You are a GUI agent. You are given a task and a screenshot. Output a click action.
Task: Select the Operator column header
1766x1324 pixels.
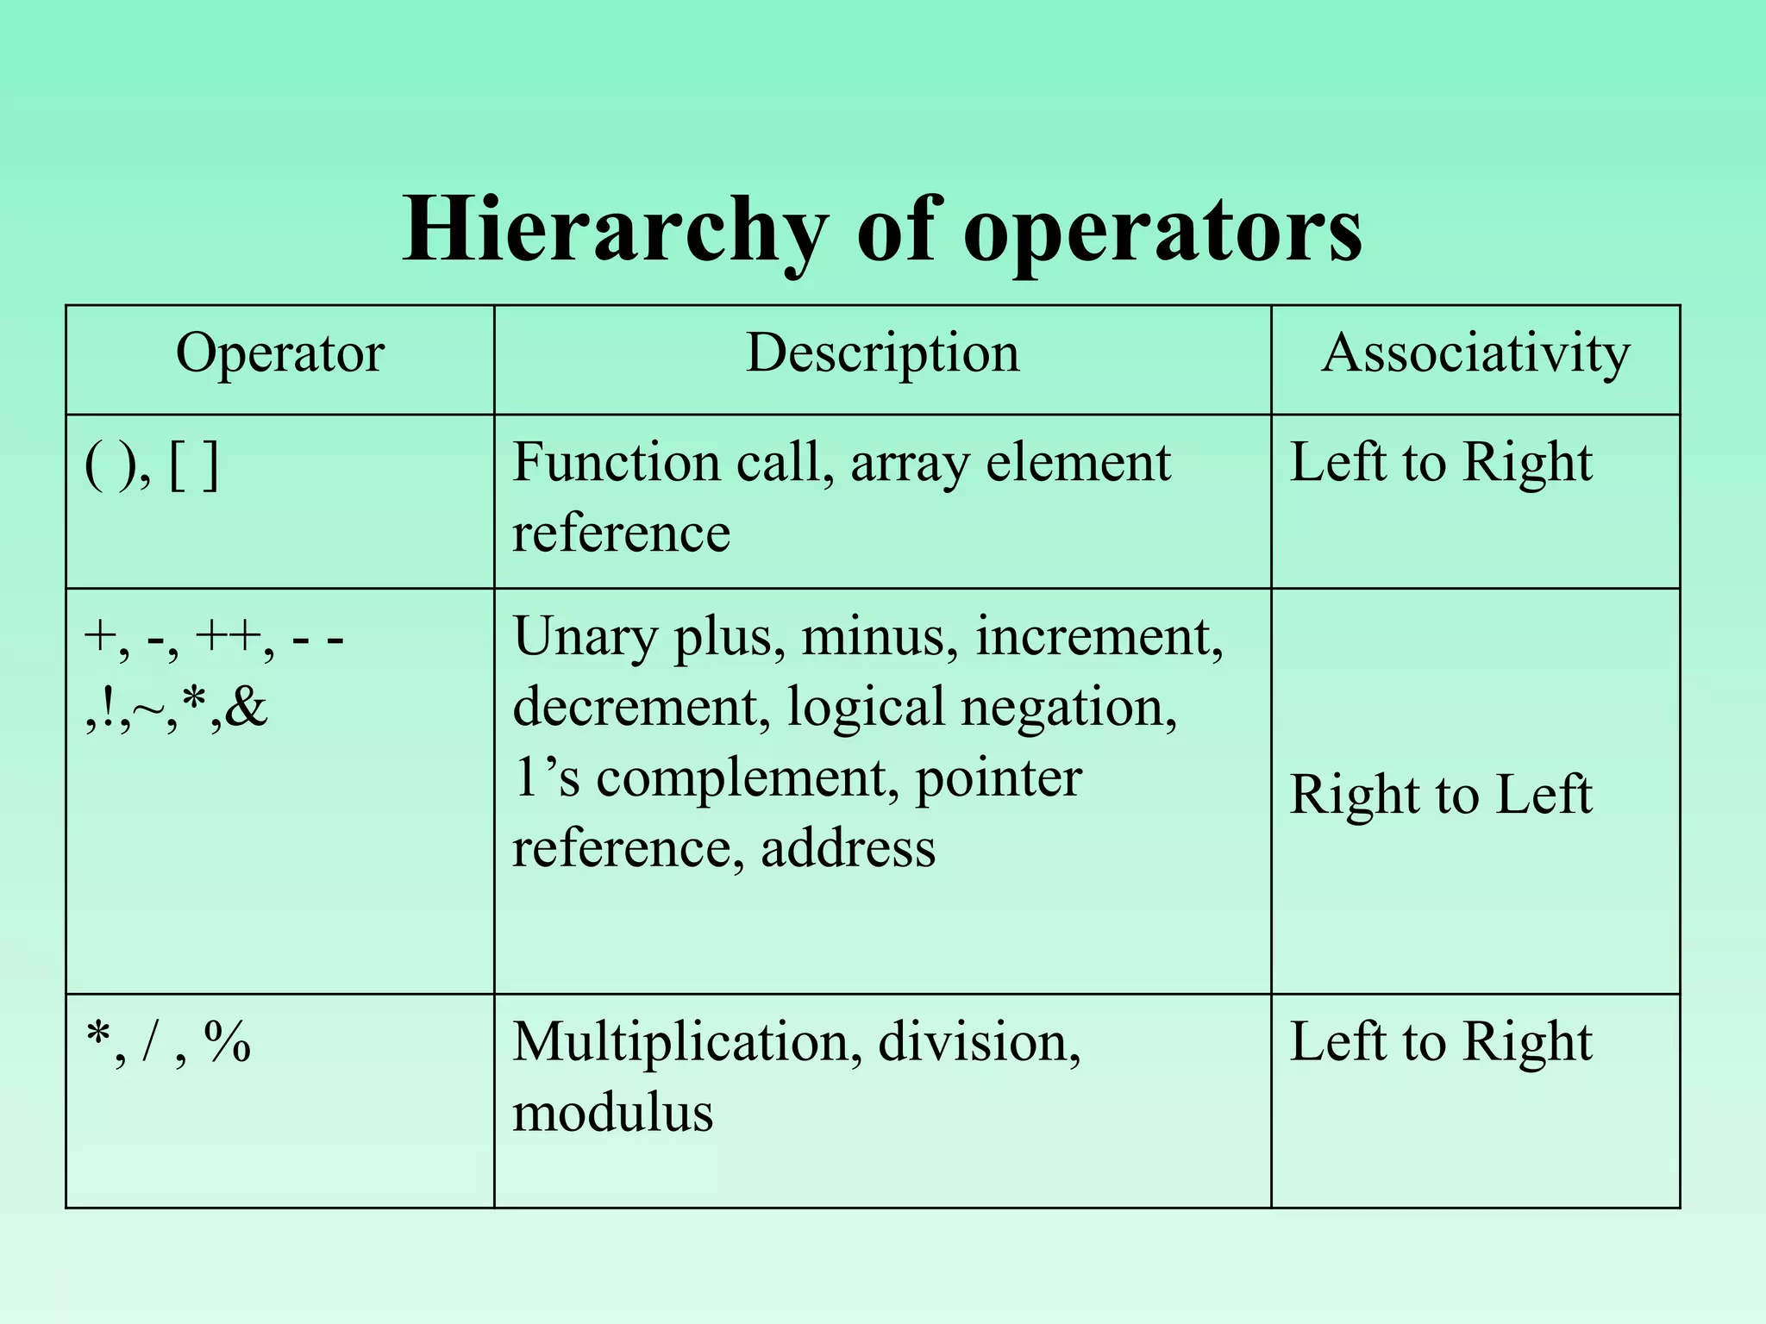(x=279, y=353)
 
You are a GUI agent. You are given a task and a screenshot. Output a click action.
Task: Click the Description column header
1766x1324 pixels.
(x=882, y=353)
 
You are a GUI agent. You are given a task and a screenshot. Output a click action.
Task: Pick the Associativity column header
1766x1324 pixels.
(x=1475, y=353)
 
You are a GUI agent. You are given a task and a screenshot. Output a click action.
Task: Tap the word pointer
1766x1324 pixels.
(x=998, y=778)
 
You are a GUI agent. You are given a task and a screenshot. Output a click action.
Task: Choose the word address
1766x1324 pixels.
(x=848, y=848)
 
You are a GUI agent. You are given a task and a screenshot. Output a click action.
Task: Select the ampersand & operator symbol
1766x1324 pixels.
(x=248, y=709)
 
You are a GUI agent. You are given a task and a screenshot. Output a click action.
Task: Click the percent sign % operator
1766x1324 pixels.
(x=227, y=1042)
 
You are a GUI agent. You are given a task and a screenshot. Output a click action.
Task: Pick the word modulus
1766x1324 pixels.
(x=612, y=1112)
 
